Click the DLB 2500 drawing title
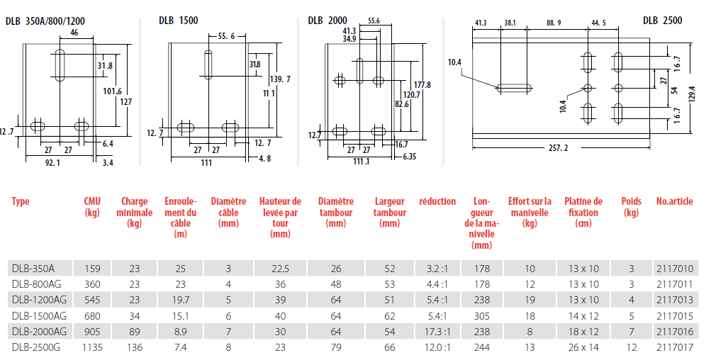pyautogui.click(x=662, y=21)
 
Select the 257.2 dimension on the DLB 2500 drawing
pyautogui.click(x=558, y=148)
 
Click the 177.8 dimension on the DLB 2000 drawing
pyautogui.click(x=422, y=85)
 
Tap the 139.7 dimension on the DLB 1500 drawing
pyautogui.click(x=280, y=79)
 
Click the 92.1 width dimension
pyautogui.click(x=52, y=162)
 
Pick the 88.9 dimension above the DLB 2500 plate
pyautogui.click(x=553, y=23)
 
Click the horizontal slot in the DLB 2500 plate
pyautogui.click(x=515, y=88)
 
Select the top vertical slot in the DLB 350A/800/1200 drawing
pyautogui.click(x=60, y=64)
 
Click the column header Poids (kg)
pyautogui.click(x=631, y=207)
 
